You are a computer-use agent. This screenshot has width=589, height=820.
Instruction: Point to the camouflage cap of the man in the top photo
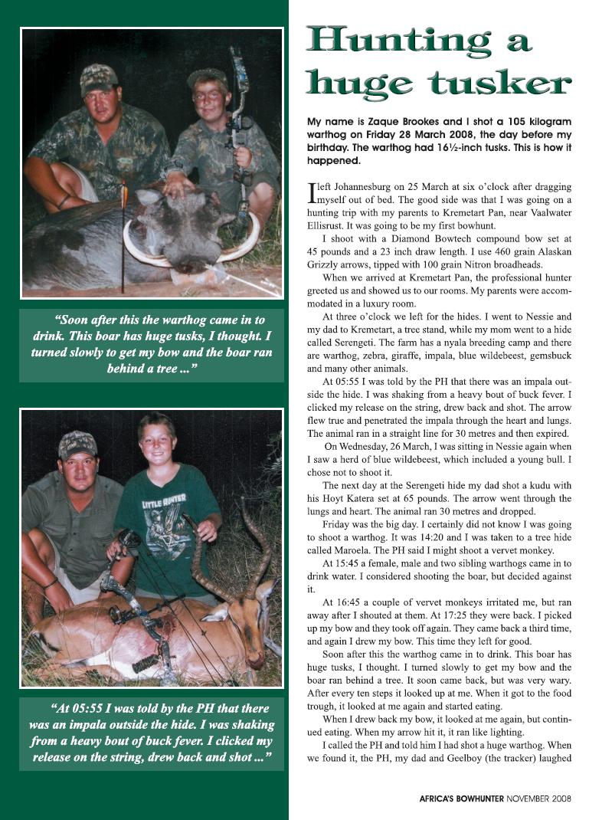coord(99,77)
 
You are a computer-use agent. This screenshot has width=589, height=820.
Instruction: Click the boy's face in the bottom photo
coord(157,444)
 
